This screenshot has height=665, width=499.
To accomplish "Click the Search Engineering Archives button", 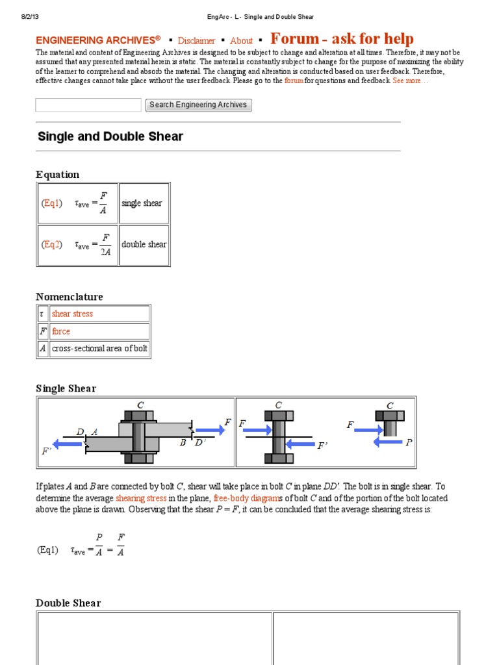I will tap(198, 105).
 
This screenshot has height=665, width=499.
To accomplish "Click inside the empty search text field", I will tap(88, 105).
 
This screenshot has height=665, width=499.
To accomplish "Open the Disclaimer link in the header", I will tap(196, 40).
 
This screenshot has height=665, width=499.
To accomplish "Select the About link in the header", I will tap(241, 40).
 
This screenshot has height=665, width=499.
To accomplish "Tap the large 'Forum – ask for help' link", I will tap(342, 39).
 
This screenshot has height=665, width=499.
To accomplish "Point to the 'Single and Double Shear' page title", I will tap(110, 136).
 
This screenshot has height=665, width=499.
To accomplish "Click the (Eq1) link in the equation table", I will tap(51, 203).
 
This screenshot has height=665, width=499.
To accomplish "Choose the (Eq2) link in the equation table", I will tap(51, 244).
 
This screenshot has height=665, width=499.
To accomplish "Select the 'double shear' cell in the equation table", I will tap(144, 245).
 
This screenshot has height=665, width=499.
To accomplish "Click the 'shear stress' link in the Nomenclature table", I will tap(72, 314).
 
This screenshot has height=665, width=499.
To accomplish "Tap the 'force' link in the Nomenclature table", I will tap(61, 331).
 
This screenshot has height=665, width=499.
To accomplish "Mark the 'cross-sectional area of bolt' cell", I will tap(99, 348).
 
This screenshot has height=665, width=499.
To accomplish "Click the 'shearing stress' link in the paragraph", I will tap(141, 498).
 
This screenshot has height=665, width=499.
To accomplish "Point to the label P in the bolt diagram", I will tap(409, 442).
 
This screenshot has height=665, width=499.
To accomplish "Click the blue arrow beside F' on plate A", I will tap(69, 444).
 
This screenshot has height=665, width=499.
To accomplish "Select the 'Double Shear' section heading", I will tap(68, 603).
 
